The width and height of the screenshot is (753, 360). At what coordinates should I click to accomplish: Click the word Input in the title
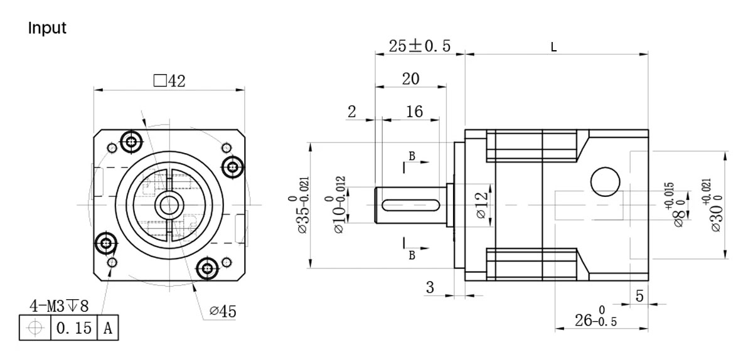coord(47,28)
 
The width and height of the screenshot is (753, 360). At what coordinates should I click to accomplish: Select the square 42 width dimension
coord(169,81)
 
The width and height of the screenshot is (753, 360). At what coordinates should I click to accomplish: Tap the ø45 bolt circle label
coord(223,311)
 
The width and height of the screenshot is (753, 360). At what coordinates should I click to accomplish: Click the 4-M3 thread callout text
coord(60,306)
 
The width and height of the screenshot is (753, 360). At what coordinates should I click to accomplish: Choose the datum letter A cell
coord(107,327)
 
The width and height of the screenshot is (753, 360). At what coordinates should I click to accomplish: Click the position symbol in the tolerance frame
coord(35,327)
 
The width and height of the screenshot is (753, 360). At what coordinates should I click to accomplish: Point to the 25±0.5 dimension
coord(419,46)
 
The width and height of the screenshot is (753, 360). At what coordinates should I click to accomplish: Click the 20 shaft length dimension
coord(410,78)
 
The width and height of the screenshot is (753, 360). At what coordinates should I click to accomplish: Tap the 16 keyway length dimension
coord(414,111)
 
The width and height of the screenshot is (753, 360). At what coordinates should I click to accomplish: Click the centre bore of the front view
coord(168,204)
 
